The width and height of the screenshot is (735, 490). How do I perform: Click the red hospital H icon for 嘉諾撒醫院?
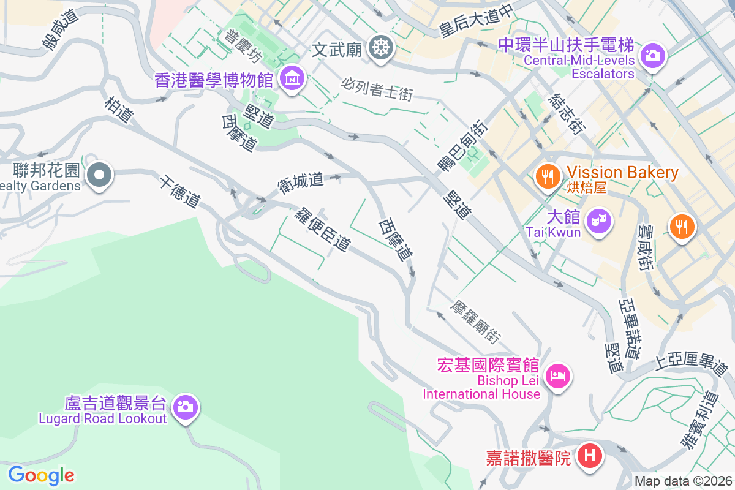590,456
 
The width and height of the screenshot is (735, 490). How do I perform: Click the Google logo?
42,475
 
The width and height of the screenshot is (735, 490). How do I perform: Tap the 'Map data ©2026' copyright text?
683,481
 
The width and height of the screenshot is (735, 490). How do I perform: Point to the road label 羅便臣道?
322,229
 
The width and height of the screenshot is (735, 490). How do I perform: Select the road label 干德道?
180,191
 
